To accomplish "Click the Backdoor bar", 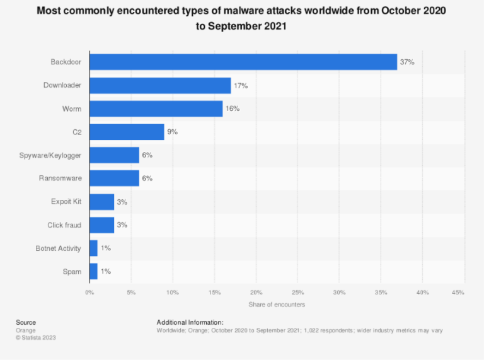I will pyautogui.click(x=243, y=62).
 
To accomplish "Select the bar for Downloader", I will pyautogui.click(x=160, y=85).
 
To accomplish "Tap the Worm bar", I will pyautogui.click(x=156, y=108).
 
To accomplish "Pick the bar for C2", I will pyautogui.click(x=127, y=132).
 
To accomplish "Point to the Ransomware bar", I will pyautogui.click(x=114, y=178).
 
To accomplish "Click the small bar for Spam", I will pyautogui.click(x=93, y=271).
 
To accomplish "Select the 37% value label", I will pyautogui.click(x=408, y=62).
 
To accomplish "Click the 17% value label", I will pyautogui.click(x=241, y=85).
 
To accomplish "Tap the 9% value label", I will pyautogui.click(x=173, y=132).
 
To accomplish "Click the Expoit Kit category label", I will pyautogui.click(x=66, y=202).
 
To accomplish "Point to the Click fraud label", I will pyautogui.click(x=64, y=225).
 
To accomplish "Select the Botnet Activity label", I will pyautogui.click(x=58, y=248).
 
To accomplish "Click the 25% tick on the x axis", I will pyautogui.click(x=297, y=293).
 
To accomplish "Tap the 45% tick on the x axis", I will pyautogui.click(x=458, y=293).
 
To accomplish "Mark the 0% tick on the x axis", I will pyautogui.click(x=89, y=293).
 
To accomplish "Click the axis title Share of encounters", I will pyautogui.click(x=277, y=305).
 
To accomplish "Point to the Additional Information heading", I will pyautogui.click(x=190, y=322).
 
